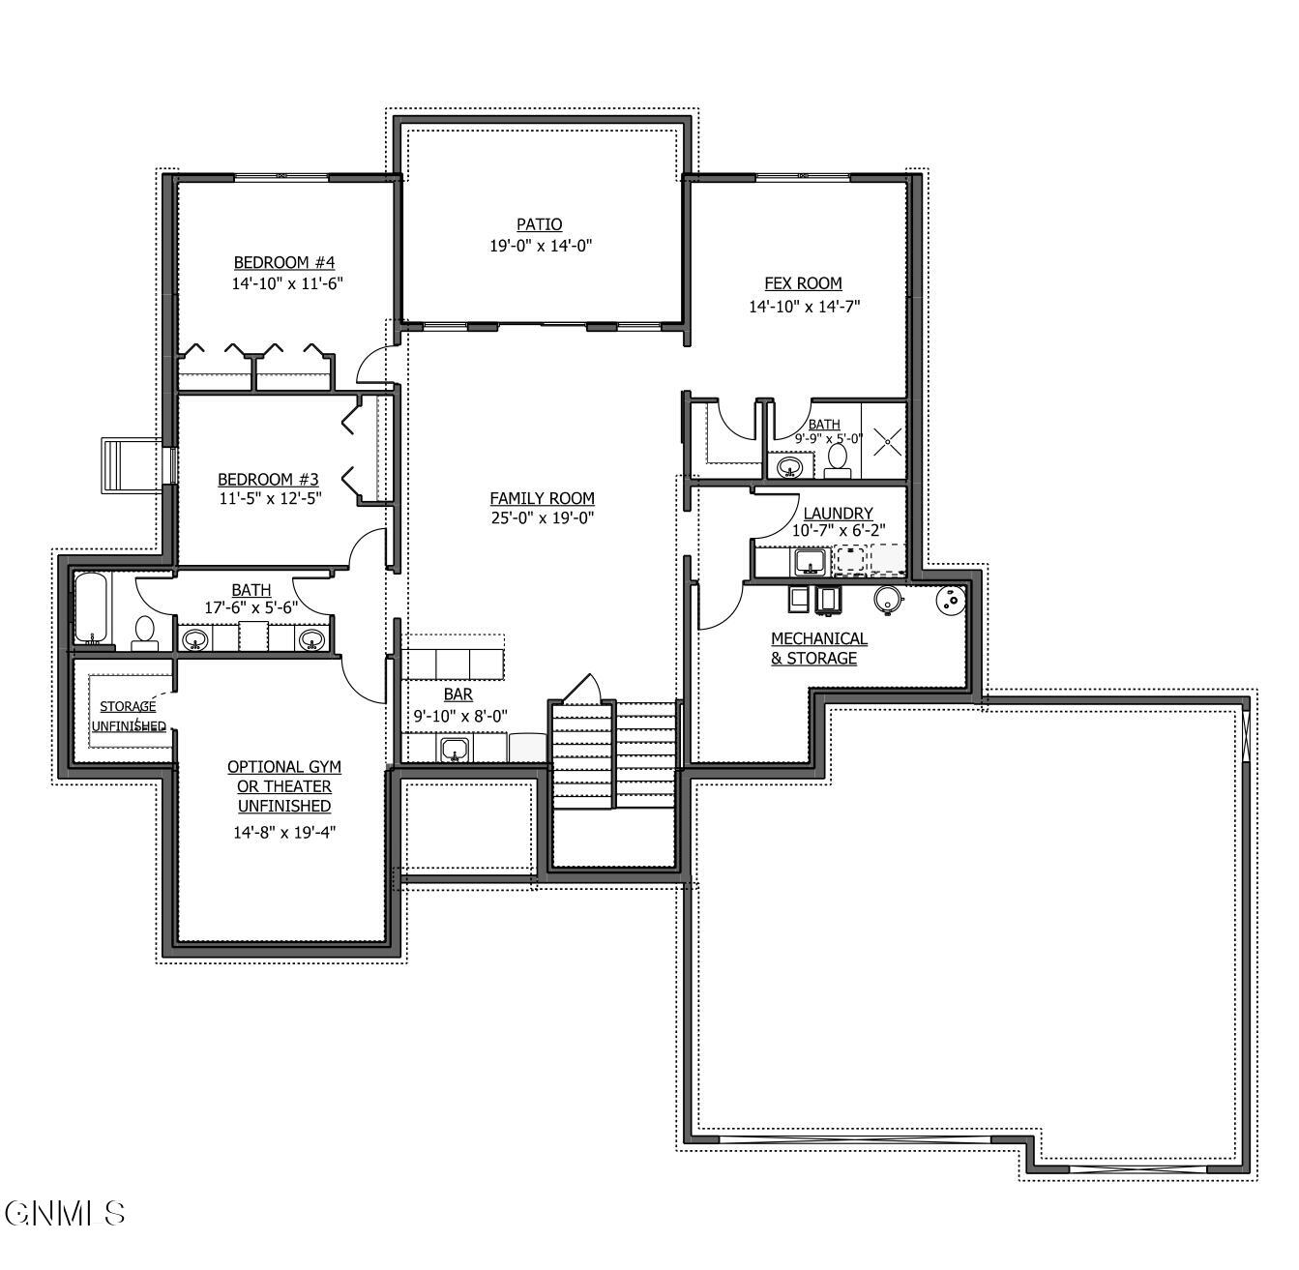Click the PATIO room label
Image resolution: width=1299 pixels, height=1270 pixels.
(x=539, y=224)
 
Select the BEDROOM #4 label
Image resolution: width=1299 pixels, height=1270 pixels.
(x=283, y=262)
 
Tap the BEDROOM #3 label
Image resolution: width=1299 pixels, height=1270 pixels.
(x=268, y=479)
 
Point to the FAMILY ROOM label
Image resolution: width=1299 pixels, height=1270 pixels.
(x=542, y=498)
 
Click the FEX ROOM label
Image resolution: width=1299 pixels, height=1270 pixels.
(x=803, y=283)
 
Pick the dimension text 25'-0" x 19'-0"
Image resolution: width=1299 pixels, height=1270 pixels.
(x=542, y=517)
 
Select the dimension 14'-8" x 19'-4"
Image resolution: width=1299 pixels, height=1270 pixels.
(x=284, y=832)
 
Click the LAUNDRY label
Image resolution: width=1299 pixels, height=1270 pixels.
(x=838, y=513)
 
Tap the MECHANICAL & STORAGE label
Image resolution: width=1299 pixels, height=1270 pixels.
(x=818, y=648)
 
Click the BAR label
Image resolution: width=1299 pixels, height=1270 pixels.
(x=458, y=694)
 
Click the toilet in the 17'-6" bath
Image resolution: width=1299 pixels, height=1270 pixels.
(x=145, y=632)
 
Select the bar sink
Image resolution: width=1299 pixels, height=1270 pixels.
(x=455, y=749)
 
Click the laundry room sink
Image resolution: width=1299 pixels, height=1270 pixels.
(x=809, y=561)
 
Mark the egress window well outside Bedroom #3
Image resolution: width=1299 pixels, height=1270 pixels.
(x=133, y=465)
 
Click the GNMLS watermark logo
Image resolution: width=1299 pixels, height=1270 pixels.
(x=65, y=1213)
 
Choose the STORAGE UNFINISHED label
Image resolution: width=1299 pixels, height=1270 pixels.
(x=128, y=716)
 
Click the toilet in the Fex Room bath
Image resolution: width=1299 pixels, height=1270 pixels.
(x=838, y=460)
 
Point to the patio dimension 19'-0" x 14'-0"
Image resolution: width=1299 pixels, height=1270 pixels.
(x=540, y=246)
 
